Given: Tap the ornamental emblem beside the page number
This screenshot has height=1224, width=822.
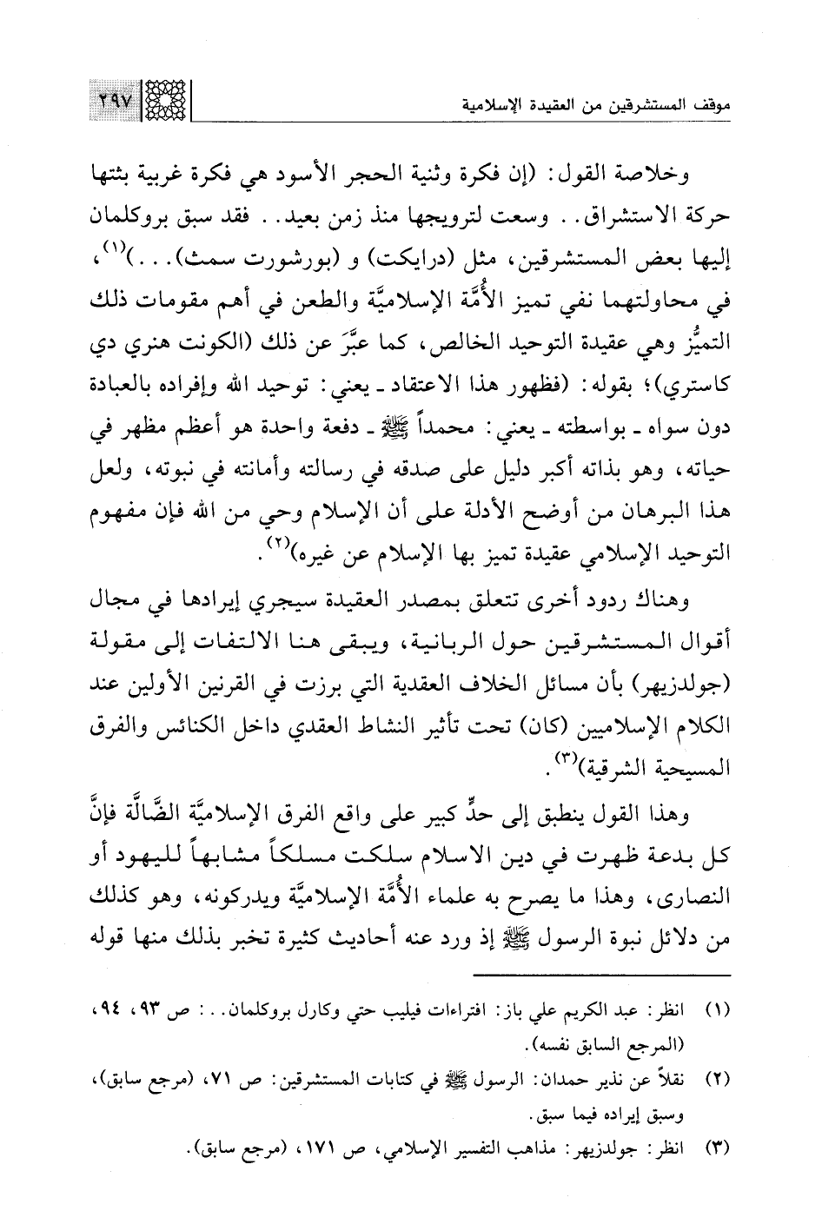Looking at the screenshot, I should pyautogui.click(x=162, y=104).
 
